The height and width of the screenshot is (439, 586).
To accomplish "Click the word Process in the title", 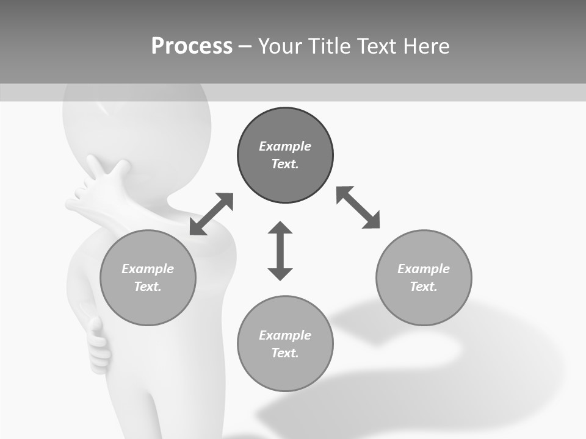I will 192,46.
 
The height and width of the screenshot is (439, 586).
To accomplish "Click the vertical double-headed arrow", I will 280,251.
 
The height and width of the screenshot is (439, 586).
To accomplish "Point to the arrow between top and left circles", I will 211,214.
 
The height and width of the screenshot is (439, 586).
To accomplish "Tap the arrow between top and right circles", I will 358,207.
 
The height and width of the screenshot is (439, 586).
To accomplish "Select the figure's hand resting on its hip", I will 98,344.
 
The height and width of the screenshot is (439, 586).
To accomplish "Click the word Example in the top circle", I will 285,146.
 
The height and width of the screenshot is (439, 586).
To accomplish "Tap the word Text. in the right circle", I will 424,287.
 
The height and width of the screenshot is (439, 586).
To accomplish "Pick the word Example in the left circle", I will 148,269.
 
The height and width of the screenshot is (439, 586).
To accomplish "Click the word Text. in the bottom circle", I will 285,353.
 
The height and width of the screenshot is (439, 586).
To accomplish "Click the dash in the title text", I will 245,46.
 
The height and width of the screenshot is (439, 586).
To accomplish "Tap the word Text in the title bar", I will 375,46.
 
